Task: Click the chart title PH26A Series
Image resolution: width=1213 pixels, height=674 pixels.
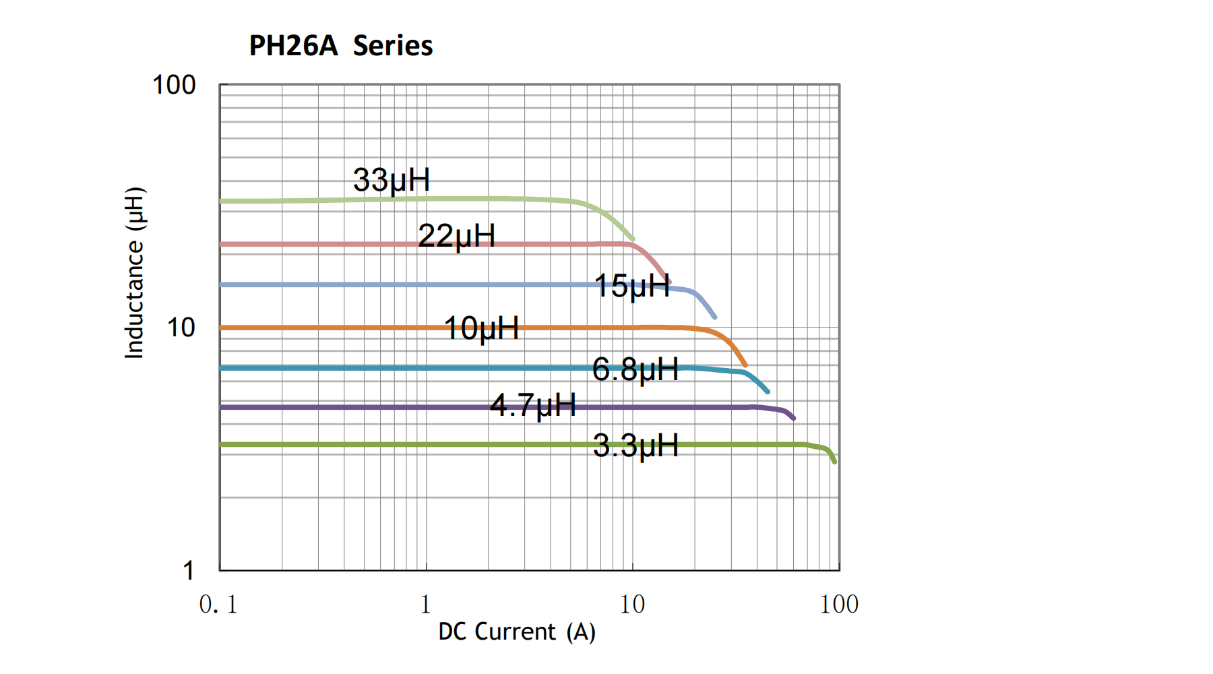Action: (340, 46)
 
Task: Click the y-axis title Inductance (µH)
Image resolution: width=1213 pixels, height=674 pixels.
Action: (134, 273)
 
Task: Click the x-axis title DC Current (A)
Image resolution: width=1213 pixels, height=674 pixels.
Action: (517, 632)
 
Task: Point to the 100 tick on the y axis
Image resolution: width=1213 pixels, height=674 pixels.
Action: (174, 86)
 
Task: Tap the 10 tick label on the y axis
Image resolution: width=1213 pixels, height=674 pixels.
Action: (181, 328)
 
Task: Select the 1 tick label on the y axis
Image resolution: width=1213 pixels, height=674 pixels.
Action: (189, 571)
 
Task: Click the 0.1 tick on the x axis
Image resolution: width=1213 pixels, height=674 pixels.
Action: (218, 605)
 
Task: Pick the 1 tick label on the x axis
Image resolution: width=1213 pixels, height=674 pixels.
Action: (425, 605)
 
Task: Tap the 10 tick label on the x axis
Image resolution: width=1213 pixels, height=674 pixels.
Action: (632, 605)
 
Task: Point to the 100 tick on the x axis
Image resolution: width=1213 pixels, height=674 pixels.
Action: (839, 605)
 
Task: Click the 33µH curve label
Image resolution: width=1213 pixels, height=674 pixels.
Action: (392, 180)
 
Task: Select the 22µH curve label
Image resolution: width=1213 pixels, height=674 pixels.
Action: (456, 236)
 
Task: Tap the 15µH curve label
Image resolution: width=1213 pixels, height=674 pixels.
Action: (631, 286)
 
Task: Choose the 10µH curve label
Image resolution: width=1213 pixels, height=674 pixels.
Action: (481, 329)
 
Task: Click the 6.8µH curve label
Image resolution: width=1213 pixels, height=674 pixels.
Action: (635, 369)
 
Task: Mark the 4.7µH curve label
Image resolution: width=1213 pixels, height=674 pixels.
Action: (533, 406)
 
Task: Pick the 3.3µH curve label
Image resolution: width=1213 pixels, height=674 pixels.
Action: (635, 446)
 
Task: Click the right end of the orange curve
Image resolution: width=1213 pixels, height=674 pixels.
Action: (745, 365)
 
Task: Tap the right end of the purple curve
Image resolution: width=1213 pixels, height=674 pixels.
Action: (794, 419)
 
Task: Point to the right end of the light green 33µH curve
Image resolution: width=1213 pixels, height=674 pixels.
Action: (633, 239)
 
